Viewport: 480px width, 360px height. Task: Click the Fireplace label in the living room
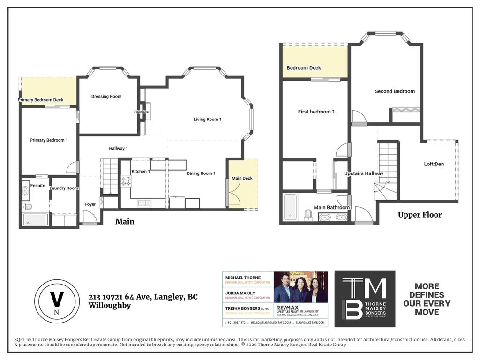[141, 112]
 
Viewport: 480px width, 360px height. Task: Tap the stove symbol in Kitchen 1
[126, 181]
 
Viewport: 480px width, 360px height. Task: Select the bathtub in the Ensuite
[35, 219]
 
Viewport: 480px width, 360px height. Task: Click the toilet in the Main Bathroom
[308, 215]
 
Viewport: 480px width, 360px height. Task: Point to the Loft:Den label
[434, 164]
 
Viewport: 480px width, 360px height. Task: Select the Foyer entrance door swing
[89, 217]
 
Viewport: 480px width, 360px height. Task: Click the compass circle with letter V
[57, 301]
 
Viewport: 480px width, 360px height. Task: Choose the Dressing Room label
[106, 96]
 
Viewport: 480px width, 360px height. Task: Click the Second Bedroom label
[395, 91]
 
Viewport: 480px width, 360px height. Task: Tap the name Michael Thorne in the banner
[243, 277]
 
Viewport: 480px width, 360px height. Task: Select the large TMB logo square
[364, 299]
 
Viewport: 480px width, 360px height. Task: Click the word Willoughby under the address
[110, 306]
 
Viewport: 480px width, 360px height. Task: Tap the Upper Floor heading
[420, 215]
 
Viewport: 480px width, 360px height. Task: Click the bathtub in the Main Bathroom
[290, 207]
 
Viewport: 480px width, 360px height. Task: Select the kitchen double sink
[144, 203]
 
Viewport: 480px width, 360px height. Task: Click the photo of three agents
[300, 287]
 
